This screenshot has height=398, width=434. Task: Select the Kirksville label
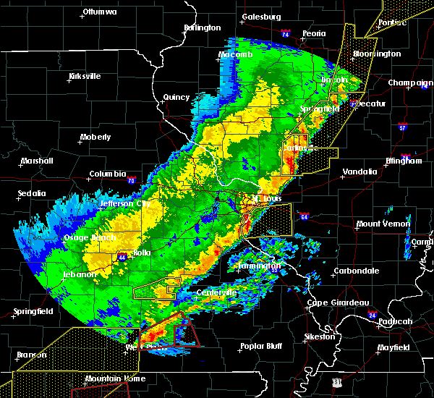click(84, 76)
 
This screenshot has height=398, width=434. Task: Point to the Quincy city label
click(176, 97)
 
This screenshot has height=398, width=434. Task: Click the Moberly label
click(95, 137)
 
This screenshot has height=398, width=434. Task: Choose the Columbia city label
click(108, 174)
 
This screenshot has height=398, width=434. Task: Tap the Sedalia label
click(33, 194)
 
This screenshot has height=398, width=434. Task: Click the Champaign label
click(410, 82)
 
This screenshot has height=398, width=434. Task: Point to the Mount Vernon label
click(383, 224)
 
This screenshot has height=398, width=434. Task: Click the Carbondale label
click(356, 271)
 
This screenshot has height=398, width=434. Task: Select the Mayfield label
click(393, 348)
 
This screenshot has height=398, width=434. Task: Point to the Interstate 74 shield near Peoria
click(285, 34)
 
